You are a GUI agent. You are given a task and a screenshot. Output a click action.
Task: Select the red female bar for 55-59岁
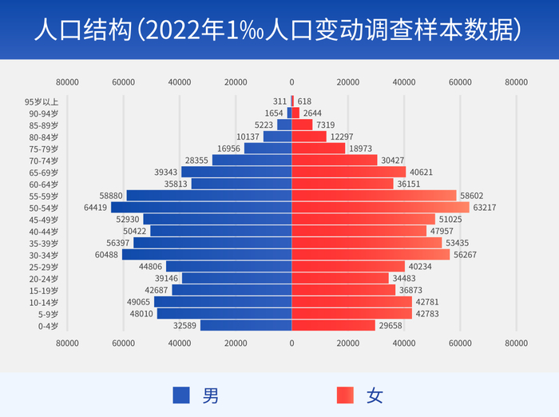[x=374, y=196]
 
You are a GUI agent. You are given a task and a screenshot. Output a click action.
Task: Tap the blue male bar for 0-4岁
[x=246, y=325]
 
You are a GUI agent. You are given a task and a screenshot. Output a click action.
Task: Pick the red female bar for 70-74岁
[x=335, y=161]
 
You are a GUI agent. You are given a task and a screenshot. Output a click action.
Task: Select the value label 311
[x=279, y=101]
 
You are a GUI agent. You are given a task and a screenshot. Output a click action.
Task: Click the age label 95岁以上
[x=42, y=101]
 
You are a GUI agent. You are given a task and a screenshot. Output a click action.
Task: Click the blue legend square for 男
[x=181, y=395]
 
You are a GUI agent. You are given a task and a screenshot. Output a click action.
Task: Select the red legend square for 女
[x=345, y=395]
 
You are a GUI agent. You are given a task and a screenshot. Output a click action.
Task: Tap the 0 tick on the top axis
[x=291, y=81]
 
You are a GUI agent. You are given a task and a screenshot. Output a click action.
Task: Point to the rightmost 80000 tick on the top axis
[x=517, y=81]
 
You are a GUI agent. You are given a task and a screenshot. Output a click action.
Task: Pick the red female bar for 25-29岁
[x=348, y=267]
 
